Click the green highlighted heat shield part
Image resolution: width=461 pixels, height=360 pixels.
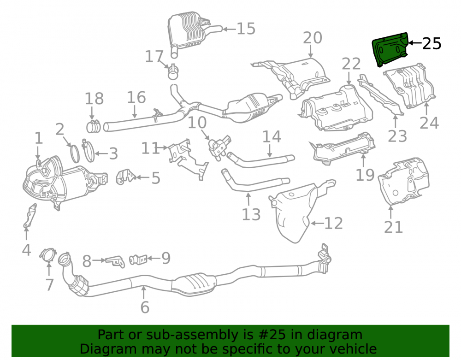pos(390,49)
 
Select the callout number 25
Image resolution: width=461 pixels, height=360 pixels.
pos(431,43)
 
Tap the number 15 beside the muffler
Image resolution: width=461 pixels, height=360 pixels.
pos(246,29)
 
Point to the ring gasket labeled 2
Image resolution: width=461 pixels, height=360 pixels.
pos(75,153)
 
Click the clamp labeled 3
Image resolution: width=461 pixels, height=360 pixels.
pos(89,151)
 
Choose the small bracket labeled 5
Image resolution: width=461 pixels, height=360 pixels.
pos(126,177)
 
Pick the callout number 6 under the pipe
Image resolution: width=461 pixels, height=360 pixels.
pos(145,307)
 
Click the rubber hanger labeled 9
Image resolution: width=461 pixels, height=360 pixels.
pos(138,260)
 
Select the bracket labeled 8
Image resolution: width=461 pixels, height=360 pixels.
pos(115,261)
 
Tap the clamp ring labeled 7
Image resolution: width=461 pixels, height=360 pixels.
pos(47,255)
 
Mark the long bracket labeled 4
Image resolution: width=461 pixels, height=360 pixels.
pos(30,215)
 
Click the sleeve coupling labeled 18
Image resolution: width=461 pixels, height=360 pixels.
pos(94,126)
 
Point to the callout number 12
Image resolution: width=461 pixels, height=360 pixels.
pos(333,224)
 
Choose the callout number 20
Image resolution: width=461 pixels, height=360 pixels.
pos(313,38)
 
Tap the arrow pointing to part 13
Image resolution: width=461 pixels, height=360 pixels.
pos(249,199)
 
